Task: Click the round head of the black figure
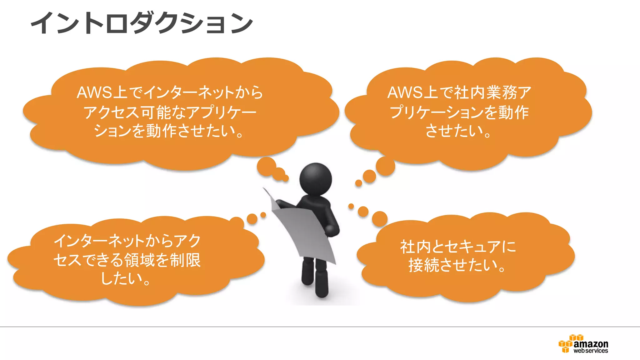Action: click(316, 179)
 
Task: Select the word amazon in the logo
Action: click(591, 344)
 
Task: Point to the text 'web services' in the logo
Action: click(591, 351)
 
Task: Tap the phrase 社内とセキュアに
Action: click(458, 247)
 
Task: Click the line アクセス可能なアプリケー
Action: click(170, 112)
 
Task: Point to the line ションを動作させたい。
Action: click(168, 131)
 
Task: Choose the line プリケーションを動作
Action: click(459, 112)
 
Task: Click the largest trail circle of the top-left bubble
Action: click(266, 166)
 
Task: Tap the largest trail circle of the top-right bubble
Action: click(385, 166)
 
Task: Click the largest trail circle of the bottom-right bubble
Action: click(380, 218)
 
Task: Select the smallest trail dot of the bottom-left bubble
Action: click(263, 215)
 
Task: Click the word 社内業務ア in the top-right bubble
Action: click(492, 92)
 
